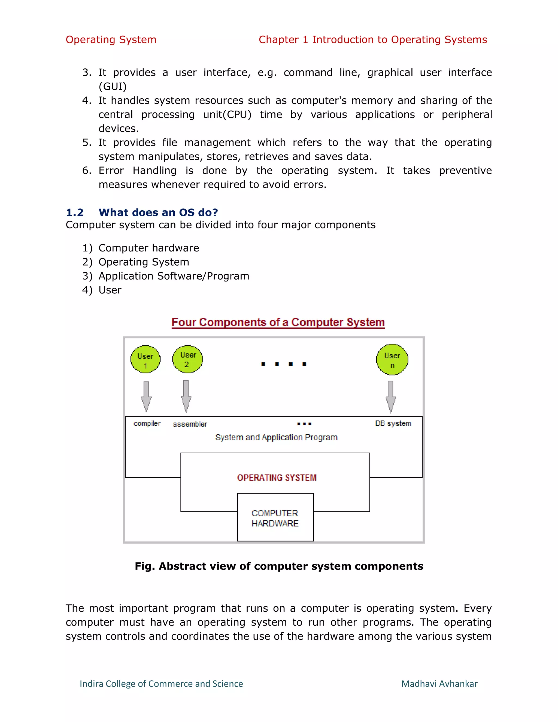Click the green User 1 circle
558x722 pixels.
(145, 360)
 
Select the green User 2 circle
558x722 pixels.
(187, 359)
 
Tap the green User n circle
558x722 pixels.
(392, 360)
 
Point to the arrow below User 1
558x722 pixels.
(146, 397)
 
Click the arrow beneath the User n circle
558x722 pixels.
(390, 397)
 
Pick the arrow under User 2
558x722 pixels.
(186, 396)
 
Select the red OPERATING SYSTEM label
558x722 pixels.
(277, 478)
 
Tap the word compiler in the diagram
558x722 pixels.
(147, 423)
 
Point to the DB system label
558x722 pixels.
(393, 423)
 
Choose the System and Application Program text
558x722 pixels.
(276, 437)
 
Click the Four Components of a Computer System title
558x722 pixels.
(278, 322)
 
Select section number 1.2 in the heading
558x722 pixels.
(75, 212)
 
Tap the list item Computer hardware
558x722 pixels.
(149, 248)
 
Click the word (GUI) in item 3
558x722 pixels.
(113, 87)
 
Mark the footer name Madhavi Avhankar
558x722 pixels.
(439, 684)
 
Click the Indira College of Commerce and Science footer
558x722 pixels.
(161, 684)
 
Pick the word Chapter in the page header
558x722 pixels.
(279, 40)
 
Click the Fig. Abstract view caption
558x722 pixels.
(279, 566)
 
